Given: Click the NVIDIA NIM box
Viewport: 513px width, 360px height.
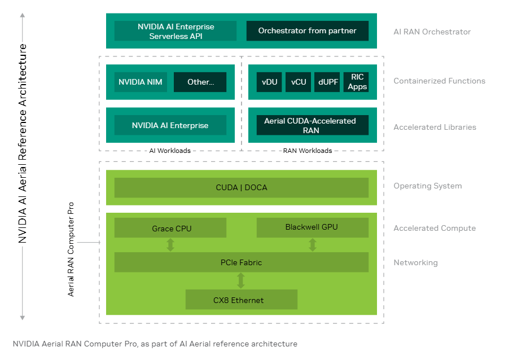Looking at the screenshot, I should tap(141, 82).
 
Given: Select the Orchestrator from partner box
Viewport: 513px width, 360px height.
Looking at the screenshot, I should tap(307, 31).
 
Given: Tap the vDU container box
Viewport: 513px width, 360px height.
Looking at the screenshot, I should tap(270, 82).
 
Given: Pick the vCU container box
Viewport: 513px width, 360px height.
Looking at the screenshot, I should tap(299, 82).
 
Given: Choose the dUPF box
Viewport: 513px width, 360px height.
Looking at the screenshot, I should tap(328, 82).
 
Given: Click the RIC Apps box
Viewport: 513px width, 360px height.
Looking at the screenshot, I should tap(357, 82).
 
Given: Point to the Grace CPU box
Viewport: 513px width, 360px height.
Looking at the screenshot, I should tap(170, 228).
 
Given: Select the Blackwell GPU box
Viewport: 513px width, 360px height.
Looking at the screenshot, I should tap(312, 227).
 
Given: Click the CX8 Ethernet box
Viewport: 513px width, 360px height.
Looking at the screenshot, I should tap(241, 300).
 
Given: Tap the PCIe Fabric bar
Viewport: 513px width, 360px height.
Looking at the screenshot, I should tap(241, 262).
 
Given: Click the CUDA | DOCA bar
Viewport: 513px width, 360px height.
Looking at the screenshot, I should tap(241, 187).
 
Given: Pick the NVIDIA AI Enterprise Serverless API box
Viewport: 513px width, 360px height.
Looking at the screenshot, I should tap(176, 31).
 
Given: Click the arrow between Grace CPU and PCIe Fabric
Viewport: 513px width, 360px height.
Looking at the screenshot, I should tap(170, 245).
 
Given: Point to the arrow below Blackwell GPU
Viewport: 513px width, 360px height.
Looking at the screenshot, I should tap(312, 245).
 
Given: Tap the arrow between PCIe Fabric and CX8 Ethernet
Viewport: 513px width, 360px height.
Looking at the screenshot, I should tap(241, 280).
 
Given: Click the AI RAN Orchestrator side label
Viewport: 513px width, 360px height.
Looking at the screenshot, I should tap(432, 32).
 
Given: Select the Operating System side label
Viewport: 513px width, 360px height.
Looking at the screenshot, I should tap(427, 186).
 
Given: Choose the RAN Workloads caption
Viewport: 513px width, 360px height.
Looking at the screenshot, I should tap(308, 151).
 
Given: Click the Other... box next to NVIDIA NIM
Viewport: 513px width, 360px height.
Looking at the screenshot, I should tap(200, 82).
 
